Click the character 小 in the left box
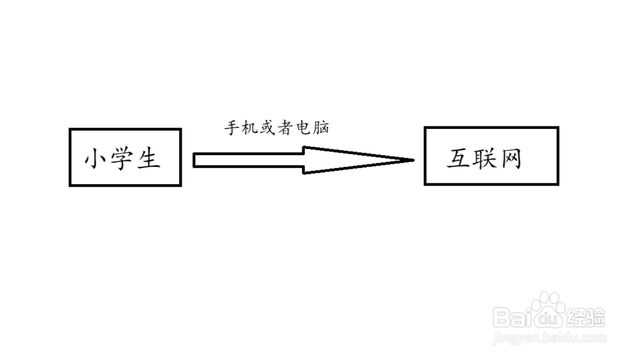tap(96, 159)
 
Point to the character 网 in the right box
tap(510, 159)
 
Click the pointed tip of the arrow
tap(411, 160)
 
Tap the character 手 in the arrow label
tap(231, 128)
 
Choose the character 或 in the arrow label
tap(267, 128)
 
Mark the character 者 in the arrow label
tap(285, 128)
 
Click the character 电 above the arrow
tap(303, 128)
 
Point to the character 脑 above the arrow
tap(321, 128)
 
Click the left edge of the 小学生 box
tap(70, 157)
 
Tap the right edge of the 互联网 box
tap(558, 156)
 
